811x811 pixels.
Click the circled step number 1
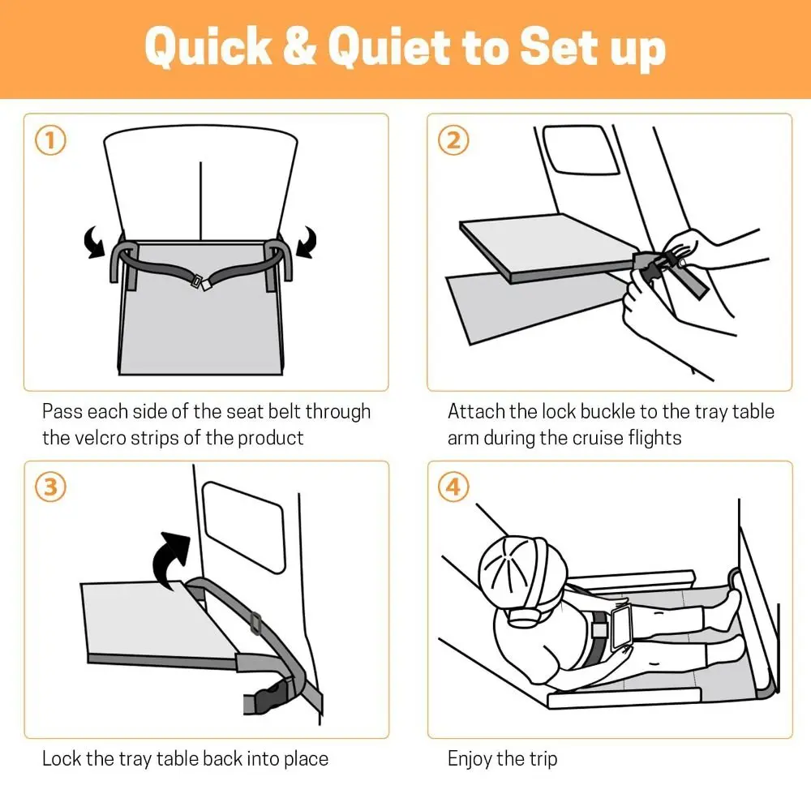pyautogui.click(x=50, y=141)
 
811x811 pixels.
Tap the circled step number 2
pyautogui.click(x=453, y=141)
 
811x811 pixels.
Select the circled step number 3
pyautogui.click(x=50, y=487)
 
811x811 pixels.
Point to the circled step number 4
pyautogui.click(x=453, y=487)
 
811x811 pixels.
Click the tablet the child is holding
pyautogui.click(x=623, y=626)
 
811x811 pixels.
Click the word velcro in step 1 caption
pyautogui.click(x=101, y=438)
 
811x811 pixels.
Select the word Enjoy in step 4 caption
pyautogui.click(x=470, y=759)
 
